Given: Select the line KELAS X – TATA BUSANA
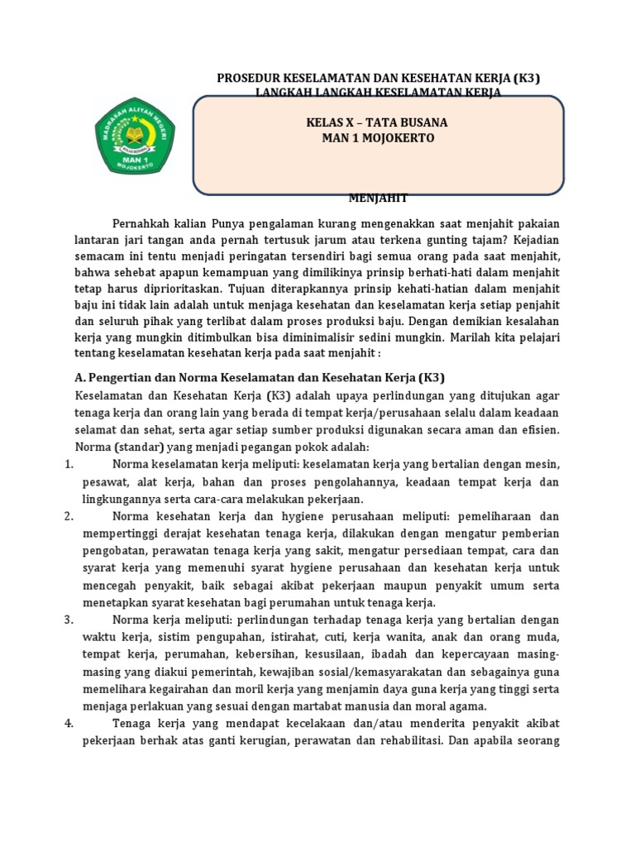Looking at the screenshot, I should [377, 122].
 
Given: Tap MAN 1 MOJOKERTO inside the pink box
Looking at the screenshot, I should [377, 138].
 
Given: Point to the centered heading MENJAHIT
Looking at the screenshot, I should [378, 198].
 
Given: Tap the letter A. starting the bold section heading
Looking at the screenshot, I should [69, 377].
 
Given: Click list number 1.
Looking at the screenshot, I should [69, 465].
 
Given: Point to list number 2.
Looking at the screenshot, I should [69, 516].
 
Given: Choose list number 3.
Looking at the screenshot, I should [69, 620].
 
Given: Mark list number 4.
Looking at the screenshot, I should [69, 723].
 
